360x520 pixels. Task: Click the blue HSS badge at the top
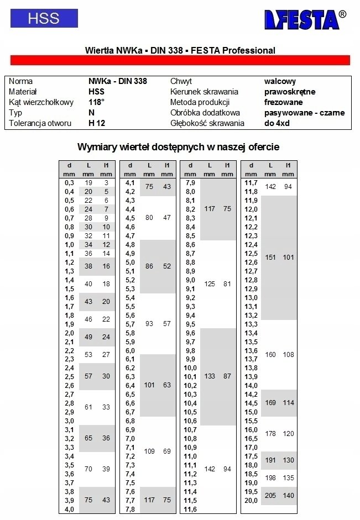click(44, 18)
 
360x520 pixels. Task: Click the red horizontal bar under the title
click(180, 60)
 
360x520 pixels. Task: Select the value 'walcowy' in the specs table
click(280, 81)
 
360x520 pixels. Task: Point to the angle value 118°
click(96, 102)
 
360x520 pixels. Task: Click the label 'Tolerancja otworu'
click(41, 123)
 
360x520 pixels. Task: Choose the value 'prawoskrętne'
click(290, 92)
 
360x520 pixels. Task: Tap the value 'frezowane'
click(283, 102)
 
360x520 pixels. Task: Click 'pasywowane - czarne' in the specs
click(304, 113)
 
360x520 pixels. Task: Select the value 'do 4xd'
click(276, 123)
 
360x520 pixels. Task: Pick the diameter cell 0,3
click(69, 182)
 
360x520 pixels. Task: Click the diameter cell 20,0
click(251, 500)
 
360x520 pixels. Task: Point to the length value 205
click(270, 496)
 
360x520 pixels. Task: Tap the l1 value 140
click(288, 496)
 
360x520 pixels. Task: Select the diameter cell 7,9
click(190, 182)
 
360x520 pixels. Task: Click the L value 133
click(210, 376)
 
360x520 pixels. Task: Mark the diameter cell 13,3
click(251, 324)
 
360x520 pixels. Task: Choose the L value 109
click(149, 451)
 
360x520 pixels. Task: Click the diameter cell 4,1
click(130, 182)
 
